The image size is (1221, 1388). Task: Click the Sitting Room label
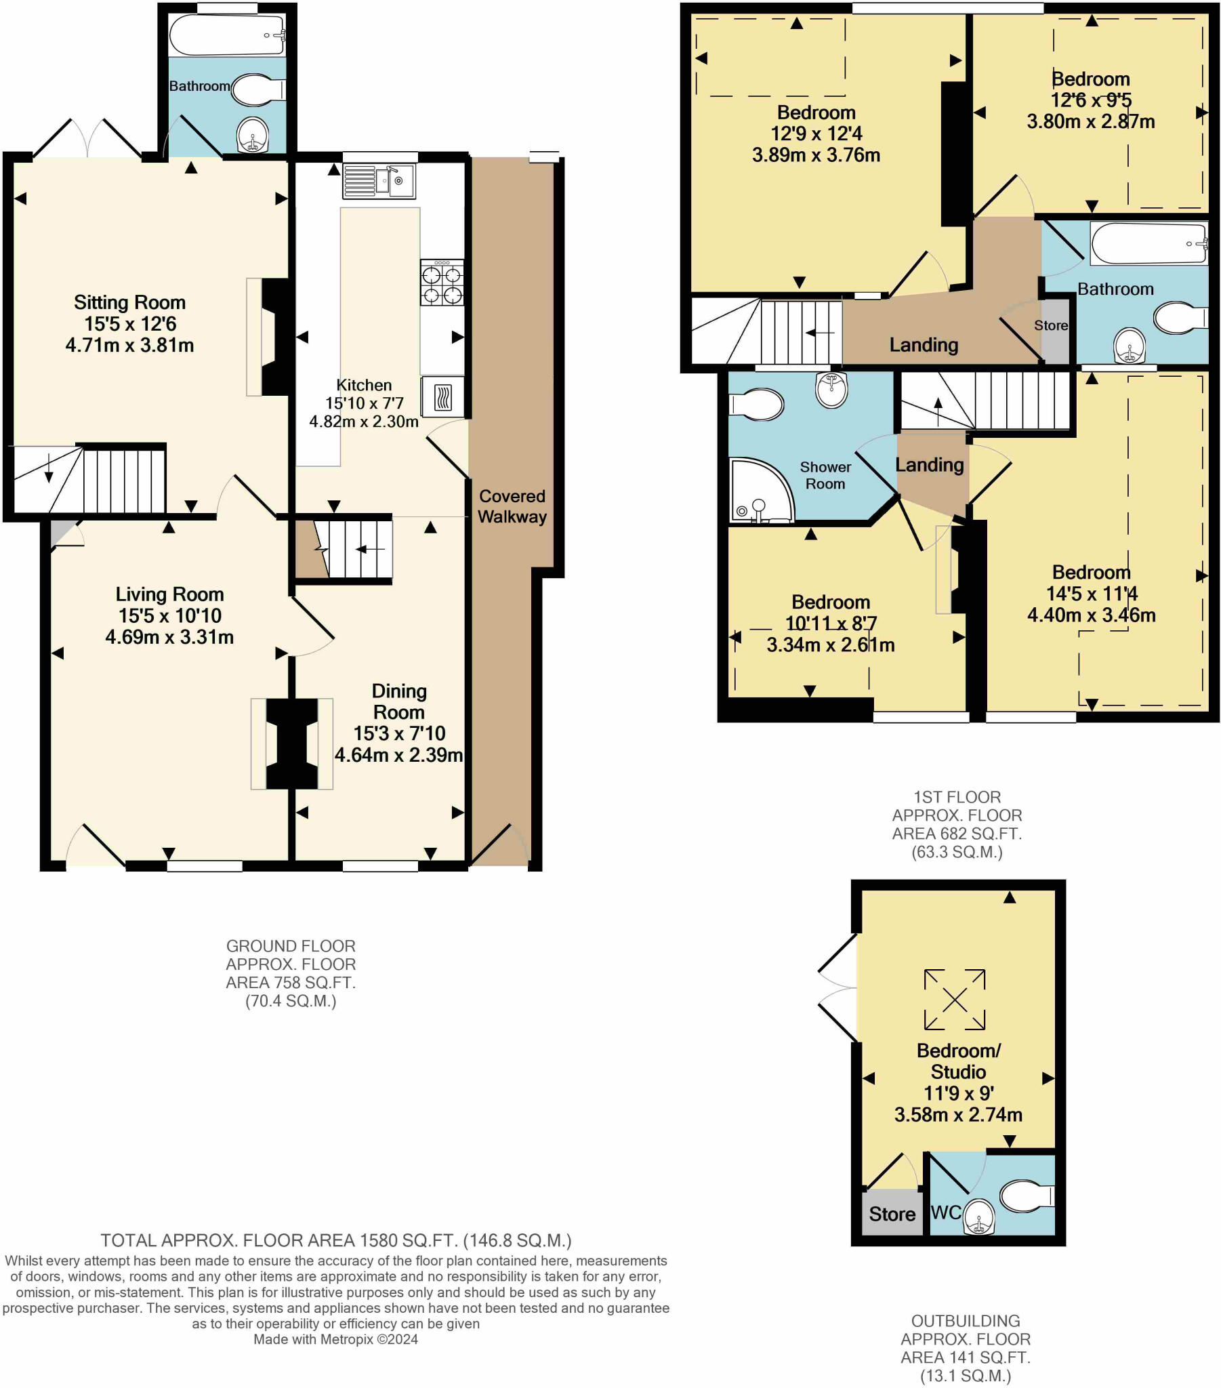coord(129,302)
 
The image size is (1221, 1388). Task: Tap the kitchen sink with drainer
coord(379,181)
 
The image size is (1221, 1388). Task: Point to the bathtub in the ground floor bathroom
coord(227,35)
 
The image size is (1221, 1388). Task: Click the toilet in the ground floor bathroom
coord(257,89)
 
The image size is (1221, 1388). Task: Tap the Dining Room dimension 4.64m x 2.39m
coord(398,755)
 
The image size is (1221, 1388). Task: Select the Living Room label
coord(169,594)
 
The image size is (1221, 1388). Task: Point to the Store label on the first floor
coord(1050,325)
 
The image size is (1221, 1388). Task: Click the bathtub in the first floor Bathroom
coord(1148,244)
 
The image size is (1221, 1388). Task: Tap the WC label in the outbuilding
coord(945,1212)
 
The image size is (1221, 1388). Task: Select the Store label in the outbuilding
coord(892,1214)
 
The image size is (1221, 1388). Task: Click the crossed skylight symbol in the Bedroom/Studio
coord(954,999)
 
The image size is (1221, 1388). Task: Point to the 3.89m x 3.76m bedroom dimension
coord(816,155)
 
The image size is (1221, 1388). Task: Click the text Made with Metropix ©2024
coord(335,1339)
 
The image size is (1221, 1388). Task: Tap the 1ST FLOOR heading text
coord(956,797)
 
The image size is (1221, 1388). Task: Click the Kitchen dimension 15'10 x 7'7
coord(364,403)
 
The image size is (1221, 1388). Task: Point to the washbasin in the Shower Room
coord(831,389)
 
